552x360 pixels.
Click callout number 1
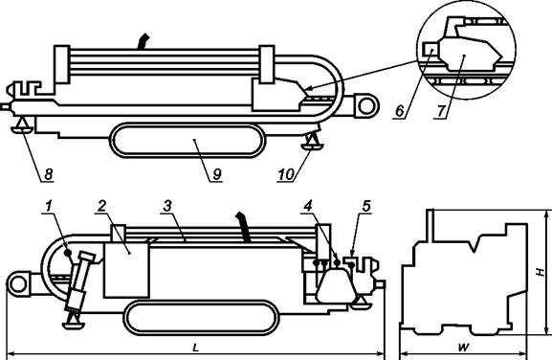pos(48,206)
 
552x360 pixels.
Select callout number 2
pos(102,206)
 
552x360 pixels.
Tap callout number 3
pos(166,206)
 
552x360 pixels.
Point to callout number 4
pos(308,206)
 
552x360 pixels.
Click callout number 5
pos(366,206)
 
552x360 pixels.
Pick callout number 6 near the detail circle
pos(400,111)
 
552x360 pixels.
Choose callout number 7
pos(441,111)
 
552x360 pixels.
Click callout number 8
pos(48,174)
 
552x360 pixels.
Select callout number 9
pos(217,174)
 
